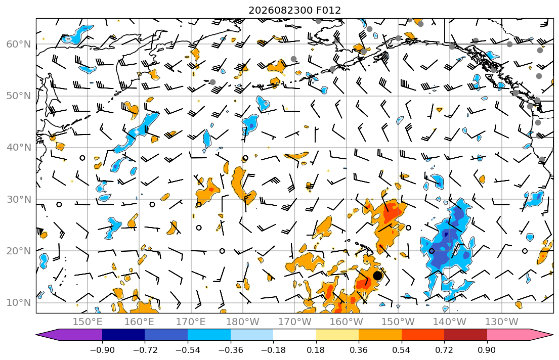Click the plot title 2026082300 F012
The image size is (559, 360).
point(294,10)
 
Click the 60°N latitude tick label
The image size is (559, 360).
point(19,44)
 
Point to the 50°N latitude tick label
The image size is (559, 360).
point(19,96)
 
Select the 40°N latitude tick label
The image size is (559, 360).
point(19,148)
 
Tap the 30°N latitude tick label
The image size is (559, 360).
point(19,199)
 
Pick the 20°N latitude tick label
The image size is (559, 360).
point(19,251)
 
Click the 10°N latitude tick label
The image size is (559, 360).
point(19,303)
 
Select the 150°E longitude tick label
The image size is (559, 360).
point(88,322)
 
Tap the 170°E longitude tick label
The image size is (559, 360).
point(191,322)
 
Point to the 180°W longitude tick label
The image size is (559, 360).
point(243,322)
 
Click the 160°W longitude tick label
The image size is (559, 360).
point(347,322)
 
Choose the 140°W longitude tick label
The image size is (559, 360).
point(450,322)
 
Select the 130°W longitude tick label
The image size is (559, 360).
point(502,322)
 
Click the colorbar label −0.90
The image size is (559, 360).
point(102,350)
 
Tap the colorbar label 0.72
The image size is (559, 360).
point(444,350)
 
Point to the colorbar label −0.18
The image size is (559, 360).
point(273,350)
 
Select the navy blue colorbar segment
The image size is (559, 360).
point(123,335)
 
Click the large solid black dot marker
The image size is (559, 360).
point(377,276)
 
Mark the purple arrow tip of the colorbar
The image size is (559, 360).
point(36,335)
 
